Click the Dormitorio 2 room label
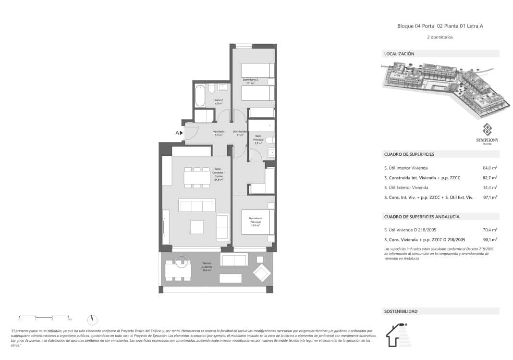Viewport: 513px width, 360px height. coord(250,81)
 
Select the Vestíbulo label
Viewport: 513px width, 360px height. coord(219,133)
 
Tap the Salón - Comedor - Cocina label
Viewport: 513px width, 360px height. coord(219,174)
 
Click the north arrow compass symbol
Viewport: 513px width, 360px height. coord(93,320)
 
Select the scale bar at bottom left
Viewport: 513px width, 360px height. coord(45,317)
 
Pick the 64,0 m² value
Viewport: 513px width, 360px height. coord(489,168)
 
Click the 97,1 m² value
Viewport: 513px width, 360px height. coord(489,197)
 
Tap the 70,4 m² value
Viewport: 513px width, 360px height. coord(489,230)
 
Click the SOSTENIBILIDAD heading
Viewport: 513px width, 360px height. coord(401,311)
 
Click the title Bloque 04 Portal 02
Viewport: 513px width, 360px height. coord(440,26)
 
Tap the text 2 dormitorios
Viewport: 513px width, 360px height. coord(440,37)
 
